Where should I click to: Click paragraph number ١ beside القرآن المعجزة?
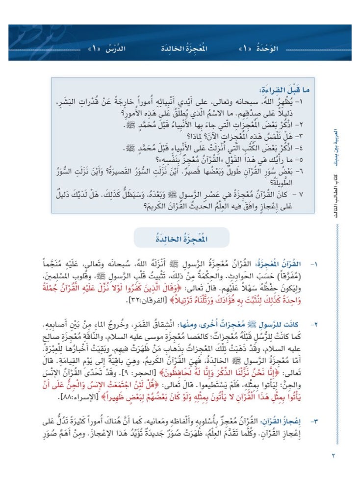tap(315, 264)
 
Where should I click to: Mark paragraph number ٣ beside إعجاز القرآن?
tap(315, 420)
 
